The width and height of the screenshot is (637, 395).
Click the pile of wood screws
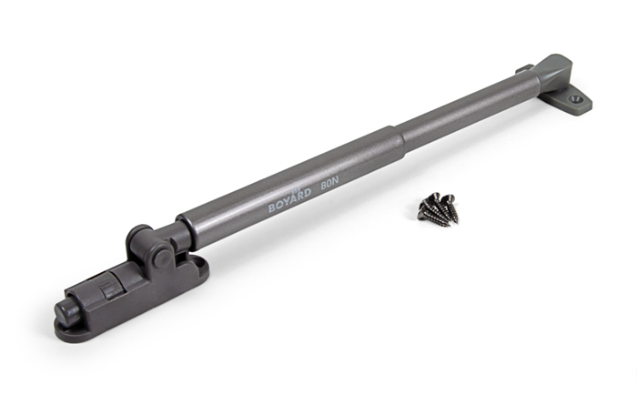tap(438, 208)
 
